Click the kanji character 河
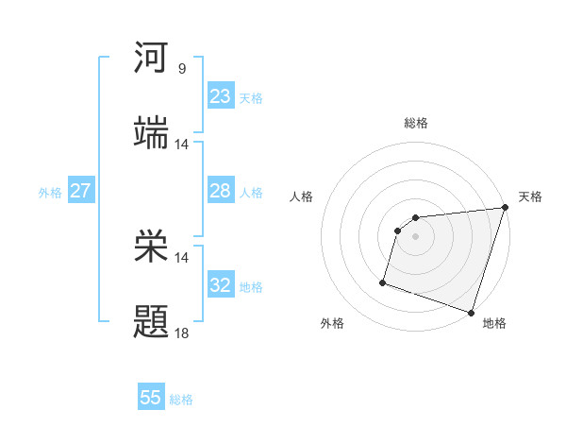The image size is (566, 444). pyautogui.click(x=151, y=58)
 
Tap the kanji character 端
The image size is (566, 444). pyautogui.click(x=151, y=133)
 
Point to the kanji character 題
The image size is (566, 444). pyautogui.click(x=151, y=322)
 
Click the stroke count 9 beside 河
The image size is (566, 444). pyautogui.click(x=182, y=69)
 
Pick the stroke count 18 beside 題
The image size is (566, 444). pyautogui.click(x=182, y=333)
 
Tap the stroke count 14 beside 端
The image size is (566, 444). pyautogui.click(x=182, y=145)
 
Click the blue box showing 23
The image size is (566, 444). pyautogui.click(x=221, y=96)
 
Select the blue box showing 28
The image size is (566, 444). pyautogui.click(x=221, y=191)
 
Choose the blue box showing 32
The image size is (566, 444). pyautogui.click(x=221, y=285)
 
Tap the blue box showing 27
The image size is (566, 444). pyautogui.click(x=81, y=191)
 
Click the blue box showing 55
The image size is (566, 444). pyautogui.click(x=151, y=398)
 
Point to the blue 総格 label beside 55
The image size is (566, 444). pyautogui.click(x=182, y=400)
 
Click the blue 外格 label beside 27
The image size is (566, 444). pyautogui.click(x=50, y=193)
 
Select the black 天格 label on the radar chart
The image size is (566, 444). pyautogui.click(x=530, y=196)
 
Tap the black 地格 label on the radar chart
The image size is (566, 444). pyautogui.click(x=494, y=323)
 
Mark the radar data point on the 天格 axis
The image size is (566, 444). pyautogui.click(x=505, y=208)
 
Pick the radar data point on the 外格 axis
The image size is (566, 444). pyautogui.click(x=383, y=282)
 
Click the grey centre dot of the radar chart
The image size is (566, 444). pyautogui.click(x=415, y=236)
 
